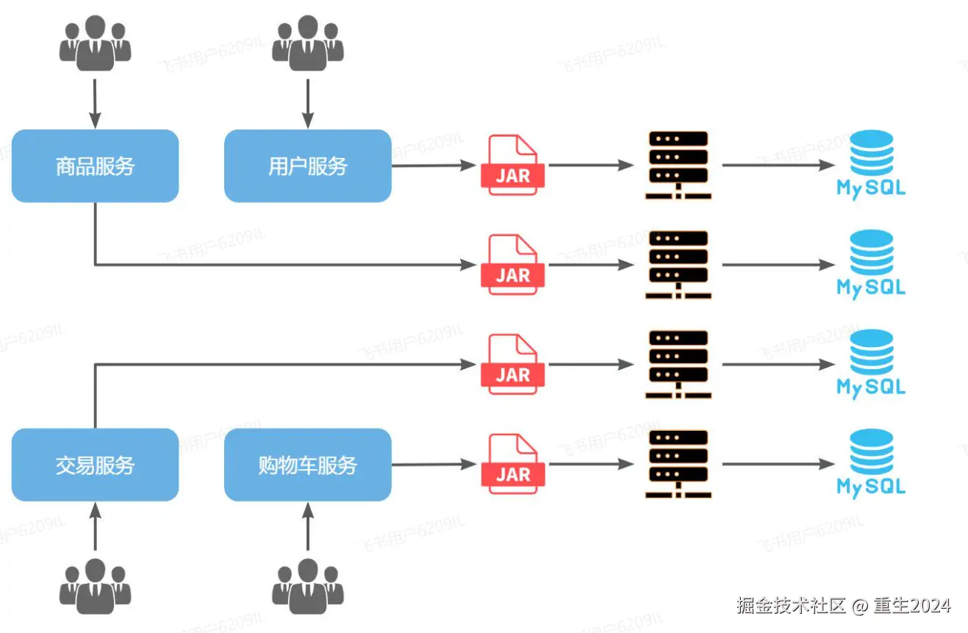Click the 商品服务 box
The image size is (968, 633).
tap(95, 166)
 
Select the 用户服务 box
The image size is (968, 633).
tap(307, 166)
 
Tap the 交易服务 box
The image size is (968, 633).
tap(95, 465)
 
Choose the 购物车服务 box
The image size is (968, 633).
tap(307, 465)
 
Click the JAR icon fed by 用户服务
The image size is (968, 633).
tap(512, 165)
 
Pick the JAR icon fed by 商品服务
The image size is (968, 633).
tap(512, 265)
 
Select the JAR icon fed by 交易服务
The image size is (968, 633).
tap(512, 364)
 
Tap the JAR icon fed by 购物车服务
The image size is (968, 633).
tap(512, 464)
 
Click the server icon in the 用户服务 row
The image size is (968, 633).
tap(678, 165)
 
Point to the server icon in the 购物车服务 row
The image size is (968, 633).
tap(678, 464)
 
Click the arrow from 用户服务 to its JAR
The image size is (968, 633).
tap(434, 165)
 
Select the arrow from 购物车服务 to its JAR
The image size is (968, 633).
tap(434, 464)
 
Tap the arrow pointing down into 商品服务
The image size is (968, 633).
tap(95, 103)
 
